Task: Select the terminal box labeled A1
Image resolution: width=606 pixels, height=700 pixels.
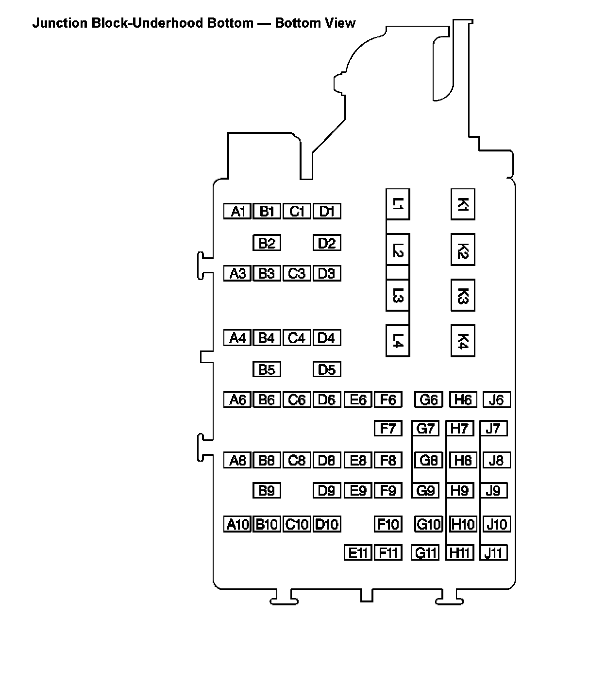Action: (x=237, y=211)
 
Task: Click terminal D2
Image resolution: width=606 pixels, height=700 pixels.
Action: (x=327, y=243)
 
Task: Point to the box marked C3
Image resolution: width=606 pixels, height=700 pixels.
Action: (x=297, y=273)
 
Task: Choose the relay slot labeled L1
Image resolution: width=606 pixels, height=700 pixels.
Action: (x=398, y=204)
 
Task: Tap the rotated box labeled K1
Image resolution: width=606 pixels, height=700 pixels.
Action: (x=463, y=204)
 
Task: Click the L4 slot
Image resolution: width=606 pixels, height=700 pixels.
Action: (x=398, y=341)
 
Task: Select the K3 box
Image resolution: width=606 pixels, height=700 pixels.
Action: (x=463, y=295)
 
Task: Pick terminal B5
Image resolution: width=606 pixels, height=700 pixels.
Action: (x=267, y=369)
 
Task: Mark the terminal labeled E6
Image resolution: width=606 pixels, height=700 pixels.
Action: (x=357, y=400)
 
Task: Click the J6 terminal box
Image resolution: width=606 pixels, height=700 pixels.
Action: (x=496, y=400)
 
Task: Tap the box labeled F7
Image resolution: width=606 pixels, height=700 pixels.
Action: (x=388, y=429)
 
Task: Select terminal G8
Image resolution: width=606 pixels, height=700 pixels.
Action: (x=429, y=460)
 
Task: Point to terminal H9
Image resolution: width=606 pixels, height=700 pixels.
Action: (x=459, y=490)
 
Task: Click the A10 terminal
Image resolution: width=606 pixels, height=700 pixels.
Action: (x=237, y=524)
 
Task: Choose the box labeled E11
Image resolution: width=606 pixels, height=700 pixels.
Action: (x=357, y=552)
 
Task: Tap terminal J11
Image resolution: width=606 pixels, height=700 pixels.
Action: (x=493, y=552)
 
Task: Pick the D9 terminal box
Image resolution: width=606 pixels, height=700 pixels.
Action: (x=327, y=490)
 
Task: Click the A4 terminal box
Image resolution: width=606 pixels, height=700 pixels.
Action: (x=237, y=337)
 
